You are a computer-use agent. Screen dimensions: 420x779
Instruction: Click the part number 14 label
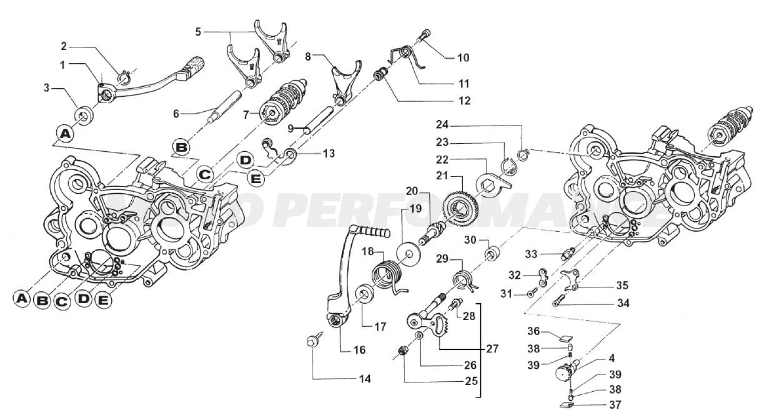tap(365, 379)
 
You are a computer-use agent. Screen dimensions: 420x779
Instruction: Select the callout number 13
tap(329, 152)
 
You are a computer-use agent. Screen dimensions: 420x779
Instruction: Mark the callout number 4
tap(611, 358)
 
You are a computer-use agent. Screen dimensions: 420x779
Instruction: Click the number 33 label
tap(531, 254)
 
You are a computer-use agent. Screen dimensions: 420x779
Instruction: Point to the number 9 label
tap(291, 128)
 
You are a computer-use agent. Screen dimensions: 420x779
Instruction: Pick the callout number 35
tap(622, 286)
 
